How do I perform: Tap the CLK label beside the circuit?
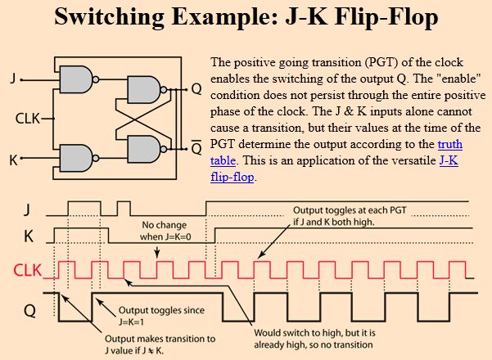click(29, 118)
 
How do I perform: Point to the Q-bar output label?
click(196, 147)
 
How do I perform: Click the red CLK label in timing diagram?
click(27, 269)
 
